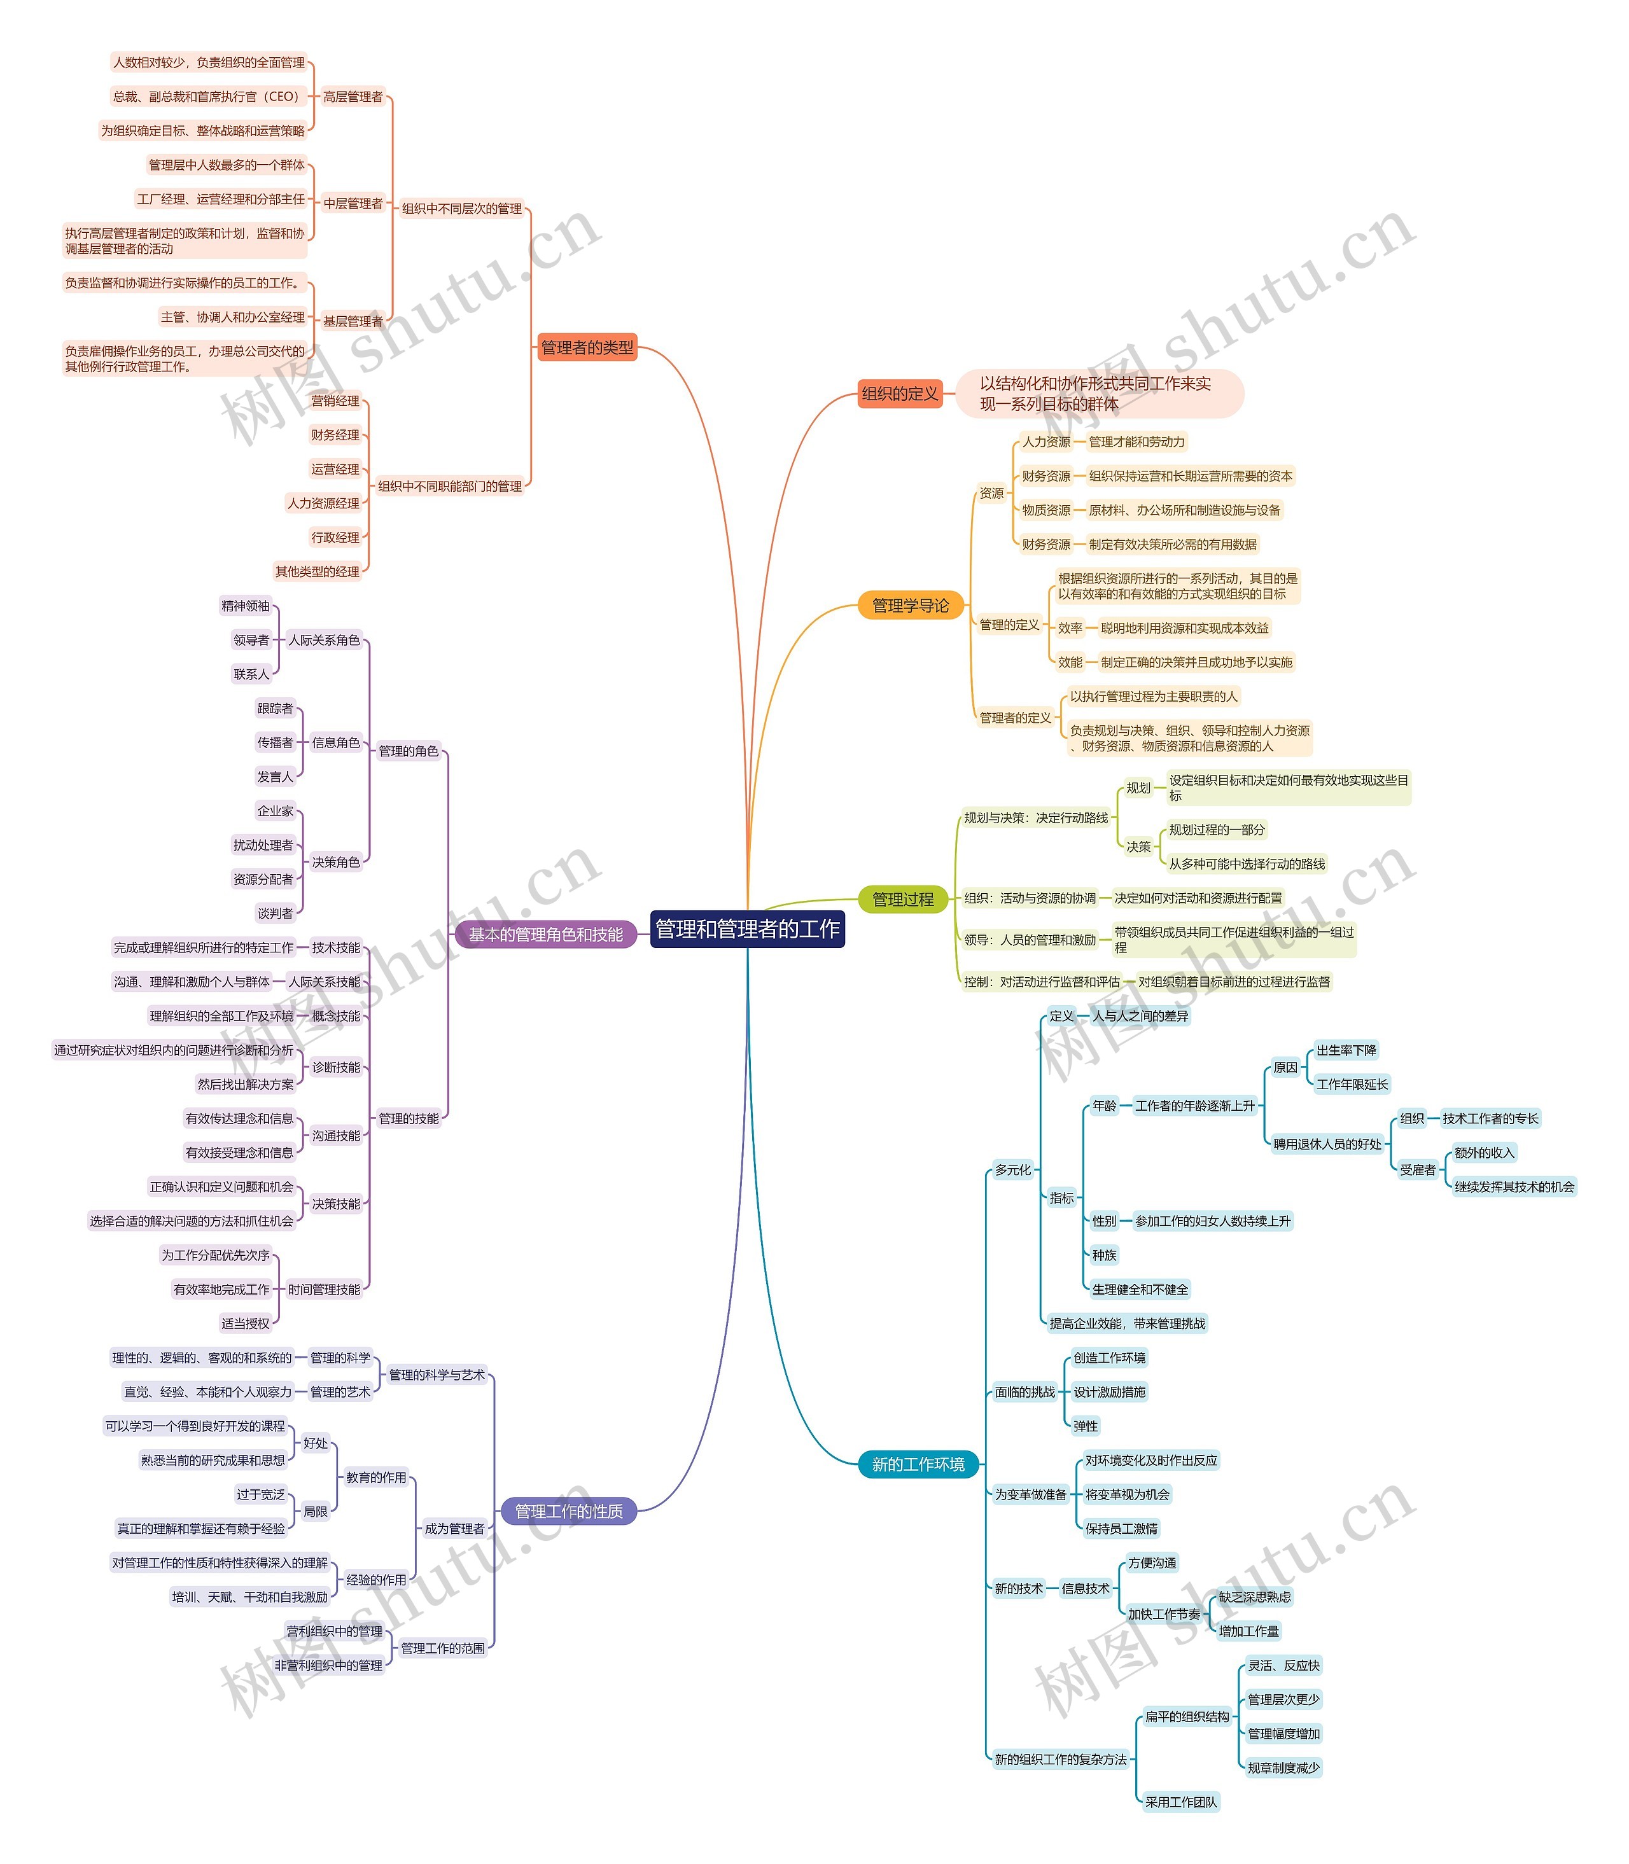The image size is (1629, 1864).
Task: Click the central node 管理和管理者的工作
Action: pyautogui.click(x=747, y=929)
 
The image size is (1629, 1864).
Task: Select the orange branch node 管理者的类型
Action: pyautogui.click(x=587, y=347)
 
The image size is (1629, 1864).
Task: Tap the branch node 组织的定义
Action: pyautogui.click(x=900, y=394)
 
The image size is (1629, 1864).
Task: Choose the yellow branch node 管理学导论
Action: pyautogui.click(x=910, y=605)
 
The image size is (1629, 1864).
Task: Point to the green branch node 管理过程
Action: pyautogui.click(x=903, y=899)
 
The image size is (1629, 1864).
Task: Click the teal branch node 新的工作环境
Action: pyautogui.click(x=918, y=1464)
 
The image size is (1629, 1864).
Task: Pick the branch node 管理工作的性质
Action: pyautogui.click(x=569, y=1512)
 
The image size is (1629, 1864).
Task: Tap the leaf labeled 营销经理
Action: pyautogui.click(x=335, y=401)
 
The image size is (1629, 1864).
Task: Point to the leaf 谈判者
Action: pyautogui.click(x=276, y=914)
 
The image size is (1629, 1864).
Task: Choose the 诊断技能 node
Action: pyautogui.click(x=337, y=1067)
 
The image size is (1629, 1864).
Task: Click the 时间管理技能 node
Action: pyautogui.click(x=325, y=1289)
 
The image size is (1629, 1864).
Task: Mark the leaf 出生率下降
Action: pyautogui.click(x=1346, y=1050)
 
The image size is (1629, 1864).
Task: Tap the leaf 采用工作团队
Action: pyautogui.click(x=1181, y=1802)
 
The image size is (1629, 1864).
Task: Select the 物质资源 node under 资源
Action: pyautogui.click(x=1046, y=510)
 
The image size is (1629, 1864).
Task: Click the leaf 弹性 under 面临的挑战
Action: pyautogui.click(x=1086, y=1426)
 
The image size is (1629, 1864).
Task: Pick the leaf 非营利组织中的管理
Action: pyautogui.click(x=329, y=1665)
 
